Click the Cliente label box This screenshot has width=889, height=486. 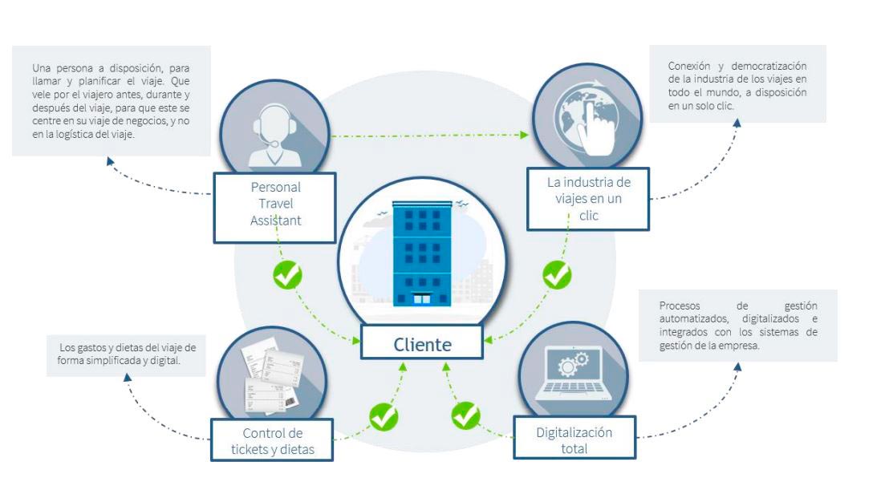click(x=422, y=344)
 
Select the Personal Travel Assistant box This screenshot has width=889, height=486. click(x=275, y=205)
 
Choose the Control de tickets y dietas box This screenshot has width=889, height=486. click(x=273, y=440)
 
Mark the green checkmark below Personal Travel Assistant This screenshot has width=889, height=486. click(x=287, y=275)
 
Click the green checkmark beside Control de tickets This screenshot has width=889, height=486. click(x=383, y=416)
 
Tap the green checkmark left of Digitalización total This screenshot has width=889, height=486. click(x=465, y=415)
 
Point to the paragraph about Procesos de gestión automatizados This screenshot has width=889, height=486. click(x=737, y=325)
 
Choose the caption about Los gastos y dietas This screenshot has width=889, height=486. click(x=128, y=354)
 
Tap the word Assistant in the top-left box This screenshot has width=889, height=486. click(x=275, y=221)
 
